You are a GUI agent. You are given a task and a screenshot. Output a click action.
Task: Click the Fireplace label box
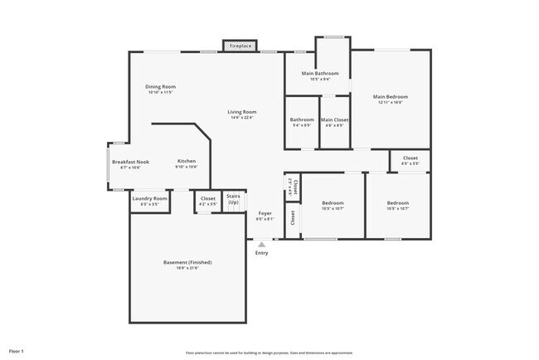point(241,46)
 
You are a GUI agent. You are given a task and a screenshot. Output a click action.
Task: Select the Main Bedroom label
point(390,97)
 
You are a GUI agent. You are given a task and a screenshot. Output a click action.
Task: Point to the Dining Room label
point(161,86)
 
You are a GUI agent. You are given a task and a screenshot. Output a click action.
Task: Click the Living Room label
point(243,112)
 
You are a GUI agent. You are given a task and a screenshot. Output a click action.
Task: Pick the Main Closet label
point(334,120)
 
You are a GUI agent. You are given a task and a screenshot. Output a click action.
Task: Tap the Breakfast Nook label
point(130,162)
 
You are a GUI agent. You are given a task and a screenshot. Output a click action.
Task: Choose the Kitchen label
point(186,161)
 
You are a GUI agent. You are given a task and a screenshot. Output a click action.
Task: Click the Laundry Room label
point(149,199)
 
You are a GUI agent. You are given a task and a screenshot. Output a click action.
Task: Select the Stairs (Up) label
point(233,201)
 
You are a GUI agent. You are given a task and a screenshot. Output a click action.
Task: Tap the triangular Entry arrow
point(262,245)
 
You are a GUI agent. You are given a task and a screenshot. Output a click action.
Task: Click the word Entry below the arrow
point(262,253)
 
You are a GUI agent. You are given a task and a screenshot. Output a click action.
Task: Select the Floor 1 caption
point(16,351)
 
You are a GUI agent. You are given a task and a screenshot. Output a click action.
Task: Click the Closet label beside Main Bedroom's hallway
point(410,158)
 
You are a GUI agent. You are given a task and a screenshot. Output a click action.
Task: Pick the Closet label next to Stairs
point(207,198)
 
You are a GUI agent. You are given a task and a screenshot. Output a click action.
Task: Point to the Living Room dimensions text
point(243,118)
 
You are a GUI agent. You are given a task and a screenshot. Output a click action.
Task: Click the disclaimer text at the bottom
point(269,352)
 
